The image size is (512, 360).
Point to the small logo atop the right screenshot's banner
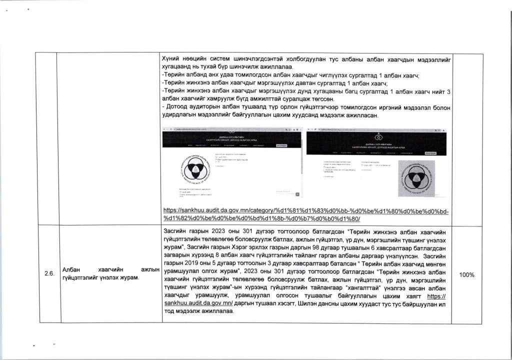380,135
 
